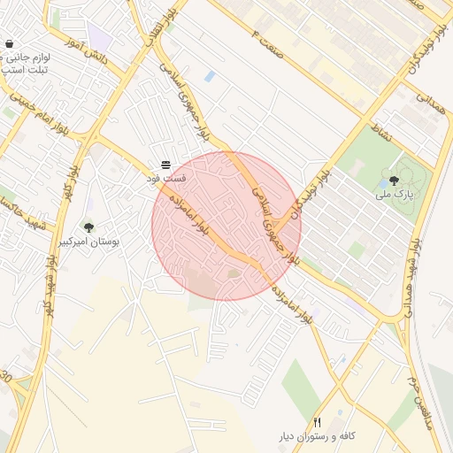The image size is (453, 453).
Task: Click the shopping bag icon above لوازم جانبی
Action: [10, 43]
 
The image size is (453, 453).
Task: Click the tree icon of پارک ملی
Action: [393, 180]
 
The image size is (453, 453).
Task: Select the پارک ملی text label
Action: [392, 194]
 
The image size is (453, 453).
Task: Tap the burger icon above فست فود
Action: [165, 165]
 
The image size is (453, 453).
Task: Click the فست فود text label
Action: [166, 179]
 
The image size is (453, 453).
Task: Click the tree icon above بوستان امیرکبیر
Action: [88, 227]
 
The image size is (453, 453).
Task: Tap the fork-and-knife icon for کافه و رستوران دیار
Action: [317, 422]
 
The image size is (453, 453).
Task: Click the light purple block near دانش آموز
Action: [100, 38]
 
